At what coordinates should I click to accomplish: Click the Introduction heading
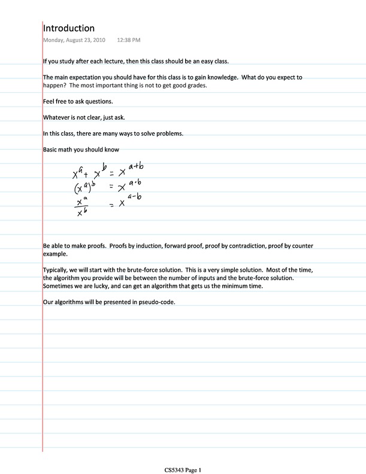(69, 28)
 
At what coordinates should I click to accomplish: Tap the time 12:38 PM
(129, 41)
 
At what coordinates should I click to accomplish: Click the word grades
(194, 86)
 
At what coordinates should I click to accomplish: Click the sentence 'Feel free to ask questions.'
(78, 101)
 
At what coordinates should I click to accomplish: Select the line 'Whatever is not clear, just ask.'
(84, 117)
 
